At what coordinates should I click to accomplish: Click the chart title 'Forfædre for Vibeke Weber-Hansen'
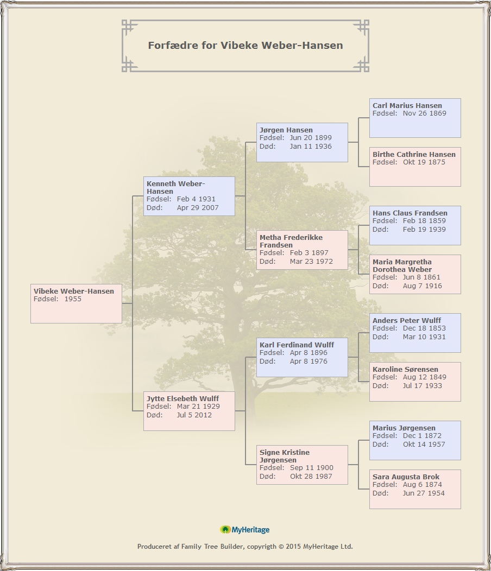(x=246, y=45)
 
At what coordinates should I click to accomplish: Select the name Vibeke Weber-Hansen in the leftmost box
(x=74, y=291)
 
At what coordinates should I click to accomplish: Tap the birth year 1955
(x=73, y=299)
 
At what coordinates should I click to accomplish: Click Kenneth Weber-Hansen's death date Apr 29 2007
(x=198, y=207)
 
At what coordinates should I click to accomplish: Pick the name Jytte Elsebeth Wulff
(x=182, y=399)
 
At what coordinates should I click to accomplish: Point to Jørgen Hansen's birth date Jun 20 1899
(x=311, y=138)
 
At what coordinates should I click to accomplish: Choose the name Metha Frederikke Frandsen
(x=291, y=241)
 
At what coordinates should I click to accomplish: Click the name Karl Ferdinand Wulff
(x=297, y=345)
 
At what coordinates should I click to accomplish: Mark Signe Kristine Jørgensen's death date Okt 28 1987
(x=311, y=477)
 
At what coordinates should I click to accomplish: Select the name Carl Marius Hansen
(x=407, y=106)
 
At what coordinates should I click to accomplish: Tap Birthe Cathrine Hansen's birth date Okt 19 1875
(x=424, y=162)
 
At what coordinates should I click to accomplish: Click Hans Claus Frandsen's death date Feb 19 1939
(x=424, y=230)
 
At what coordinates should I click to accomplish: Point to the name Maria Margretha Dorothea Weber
(x=402, y=265)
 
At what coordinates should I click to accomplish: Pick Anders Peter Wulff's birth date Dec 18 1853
(x=424, y=328)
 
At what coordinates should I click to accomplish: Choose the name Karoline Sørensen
(x=405, y=369)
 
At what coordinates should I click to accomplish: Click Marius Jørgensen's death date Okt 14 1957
(x=424, y=445)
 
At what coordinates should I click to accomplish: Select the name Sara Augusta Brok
(x=406, y=477)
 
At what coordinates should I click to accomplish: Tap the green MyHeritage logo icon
(x=225, y=530)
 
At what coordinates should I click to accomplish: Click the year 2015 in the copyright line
(x=293, y=546)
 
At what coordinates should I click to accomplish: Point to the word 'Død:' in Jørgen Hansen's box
(x=268, y=147)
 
